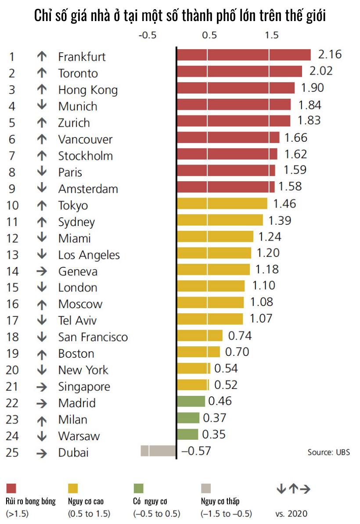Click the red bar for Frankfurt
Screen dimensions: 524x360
(244, 55)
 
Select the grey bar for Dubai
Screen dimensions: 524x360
(158, 451)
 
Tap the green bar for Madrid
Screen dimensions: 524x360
(191, 401)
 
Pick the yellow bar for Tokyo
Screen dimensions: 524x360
(222, 204)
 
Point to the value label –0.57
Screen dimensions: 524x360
(196, 451)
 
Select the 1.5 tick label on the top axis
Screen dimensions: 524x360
(271, 36)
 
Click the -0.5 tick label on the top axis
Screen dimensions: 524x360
(147, 36)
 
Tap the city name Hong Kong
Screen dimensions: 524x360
(88, 90)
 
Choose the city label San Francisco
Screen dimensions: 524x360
(93, 337)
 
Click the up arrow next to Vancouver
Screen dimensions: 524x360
(42, 139)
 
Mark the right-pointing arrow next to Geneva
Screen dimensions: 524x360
(42, 271)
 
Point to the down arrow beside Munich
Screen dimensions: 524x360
(42, 106)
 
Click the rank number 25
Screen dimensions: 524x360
(13, 452)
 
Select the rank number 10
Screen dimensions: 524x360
(13, 205)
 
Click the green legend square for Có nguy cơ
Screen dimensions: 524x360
(138, 488)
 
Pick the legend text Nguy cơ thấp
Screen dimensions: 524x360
(220, 501)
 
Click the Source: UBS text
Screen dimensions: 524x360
(329, 452)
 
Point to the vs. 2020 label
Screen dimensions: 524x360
(292, 513)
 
